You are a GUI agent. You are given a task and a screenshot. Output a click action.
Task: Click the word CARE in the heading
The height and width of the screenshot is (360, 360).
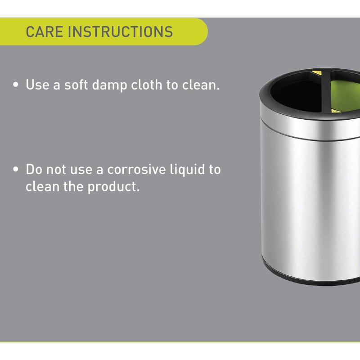tap(44, 31)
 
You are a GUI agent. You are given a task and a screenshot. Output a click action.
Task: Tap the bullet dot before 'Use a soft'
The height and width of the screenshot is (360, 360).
tap(16, 85)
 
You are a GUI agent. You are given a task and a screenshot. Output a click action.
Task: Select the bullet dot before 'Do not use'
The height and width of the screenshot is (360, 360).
tap(16, 169)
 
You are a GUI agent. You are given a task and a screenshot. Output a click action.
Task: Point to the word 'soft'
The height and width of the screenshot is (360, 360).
tap(76, 85)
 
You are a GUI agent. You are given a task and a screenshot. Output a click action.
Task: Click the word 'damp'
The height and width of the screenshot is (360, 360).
tap(109, 85)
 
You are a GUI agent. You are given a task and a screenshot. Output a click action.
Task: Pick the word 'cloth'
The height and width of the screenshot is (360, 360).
tap(147, 85)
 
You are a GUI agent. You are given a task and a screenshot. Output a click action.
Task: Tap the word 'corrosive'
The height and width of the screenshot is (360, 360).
tap(137, 170)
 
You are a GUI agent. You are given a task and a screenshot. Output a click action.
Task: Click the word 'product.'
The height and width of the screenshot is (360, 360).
tap(114, 187)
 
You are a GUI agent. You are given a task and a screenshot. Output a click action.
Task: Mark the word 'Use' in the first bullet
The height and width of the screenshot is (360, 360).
tap(37, 85)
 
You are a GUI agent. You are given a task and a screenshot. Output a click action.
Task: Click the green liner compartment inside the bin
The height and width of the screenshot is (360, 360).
tap(346, 96)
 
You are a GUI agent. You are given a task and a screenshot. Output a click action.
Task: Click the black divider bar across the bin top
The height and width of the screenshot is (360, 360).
tap(326, 92)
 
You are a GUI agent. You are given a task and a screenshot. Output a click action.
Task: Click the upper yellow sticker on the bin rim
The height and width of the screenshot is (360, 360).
tap(317, 72)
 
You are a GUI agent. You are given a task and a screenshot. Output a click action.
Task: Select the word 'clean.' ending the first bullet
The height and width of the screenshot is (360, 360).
tap(201, 85)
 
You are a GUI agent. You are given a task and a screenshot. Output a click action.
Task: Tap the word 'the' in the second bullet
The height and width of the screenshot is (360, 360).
tap(73, 186)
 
